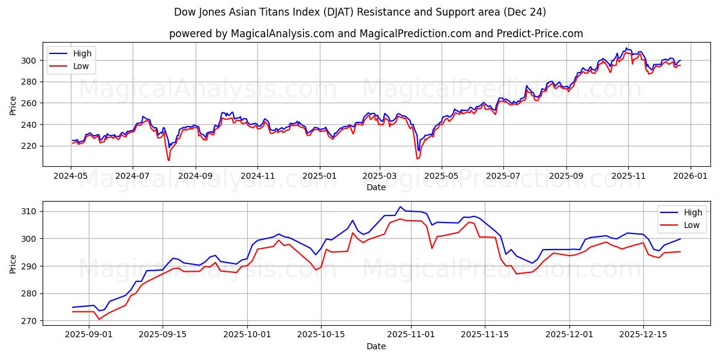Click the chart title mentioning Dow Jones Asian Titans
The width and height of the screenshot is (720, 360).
[x=360, y=12]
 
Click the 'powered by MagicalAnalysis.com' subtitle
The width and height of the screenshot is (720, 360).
[x=376, y=34]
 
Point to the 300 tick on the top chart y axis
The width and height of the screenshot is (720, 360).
[x=29, y=60]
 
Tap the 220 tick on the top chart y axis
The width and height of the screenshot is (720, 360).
[x=29, y=146]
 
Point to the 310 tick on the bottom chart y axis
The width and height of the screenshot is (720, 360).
[x=29, y=211]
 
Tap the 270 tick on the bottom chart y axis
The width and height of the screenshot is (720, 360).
[x=29, y=321]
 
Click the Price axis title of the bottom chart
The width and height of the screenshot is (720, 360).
[x=13, y=263]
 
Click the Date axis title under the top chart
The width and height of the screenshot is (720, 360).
[x=376, y=187]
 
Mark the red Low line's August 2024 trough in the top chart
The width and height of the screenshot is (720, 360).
[x=169, y=160]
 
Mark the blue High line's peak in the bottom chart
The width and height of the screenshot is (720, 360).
[x=400, y=207]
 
